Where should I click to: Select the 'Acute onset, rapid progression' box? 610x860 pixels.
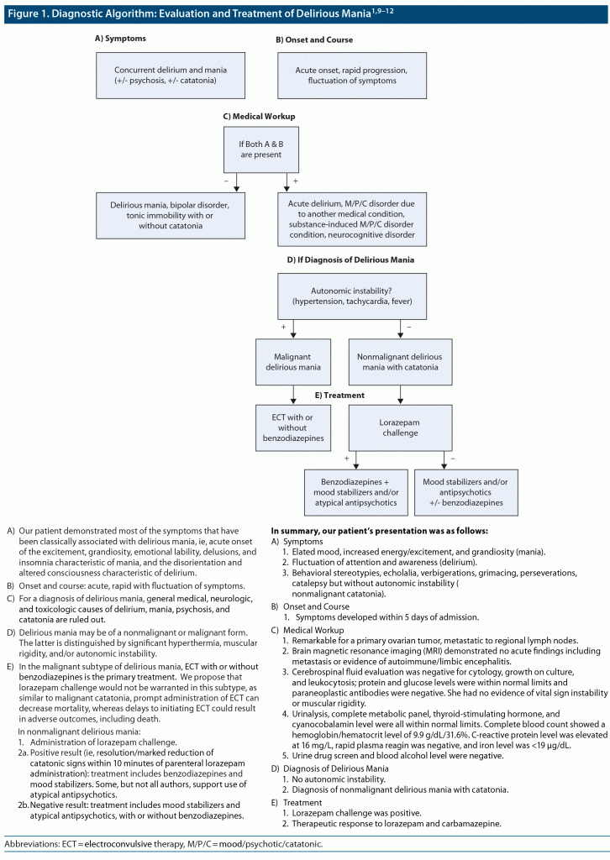(353, 75)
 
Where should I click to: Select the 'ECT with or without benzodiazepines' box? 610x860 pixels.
(293, 427)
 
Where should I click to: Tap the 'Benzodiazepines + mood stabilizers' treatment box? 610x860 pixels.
(355, 490)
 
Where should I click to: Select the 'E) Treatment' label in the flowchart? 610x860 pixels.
(339, 394)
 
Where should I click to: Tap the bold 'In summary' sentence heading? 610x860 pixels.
(379, 531)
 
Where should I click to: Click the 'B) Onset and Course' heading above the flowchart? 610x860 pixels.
(315, 39)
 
